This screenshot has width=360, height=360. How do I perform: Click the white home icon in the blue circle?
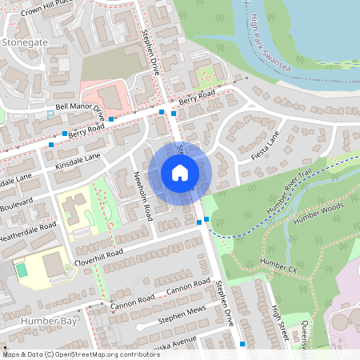[180, 173]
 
